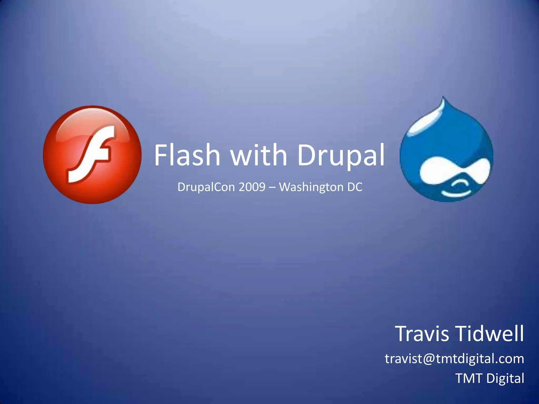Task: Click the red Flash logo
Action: [x=92, y=155]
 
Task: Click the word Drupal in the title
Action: [x=341, y=156]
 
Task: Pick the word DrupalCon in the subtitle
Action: [x=206, y=187]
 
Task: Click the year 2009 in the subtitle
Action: [x=252, y=187]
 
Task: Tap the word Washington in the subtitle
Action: [x=311, y=187]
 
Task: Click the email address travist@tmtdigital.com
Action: [x=454, y=359]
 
